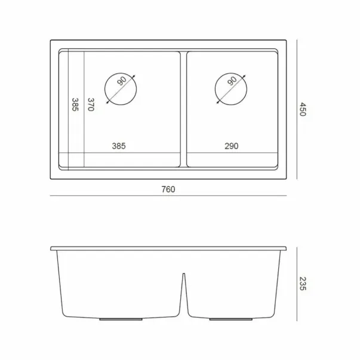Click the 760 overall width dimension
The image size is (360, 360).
click(168, 189)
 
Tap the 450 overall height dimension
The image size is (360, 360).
click(303, 109)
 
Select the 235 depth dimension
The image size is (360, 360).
click(303, 284)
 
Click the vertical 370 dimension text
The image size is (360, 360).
click(91, 104)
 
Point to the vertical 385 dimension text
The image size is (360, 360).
click(75, 104)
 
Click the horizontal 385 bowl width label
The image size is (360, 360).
click(119, 146)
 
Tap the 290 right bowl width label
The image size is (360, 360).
click(232, 146)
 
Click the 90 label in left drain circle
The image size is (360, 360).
click(122, 81)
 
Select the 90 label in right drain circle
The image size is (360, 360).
click(232, 81)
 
